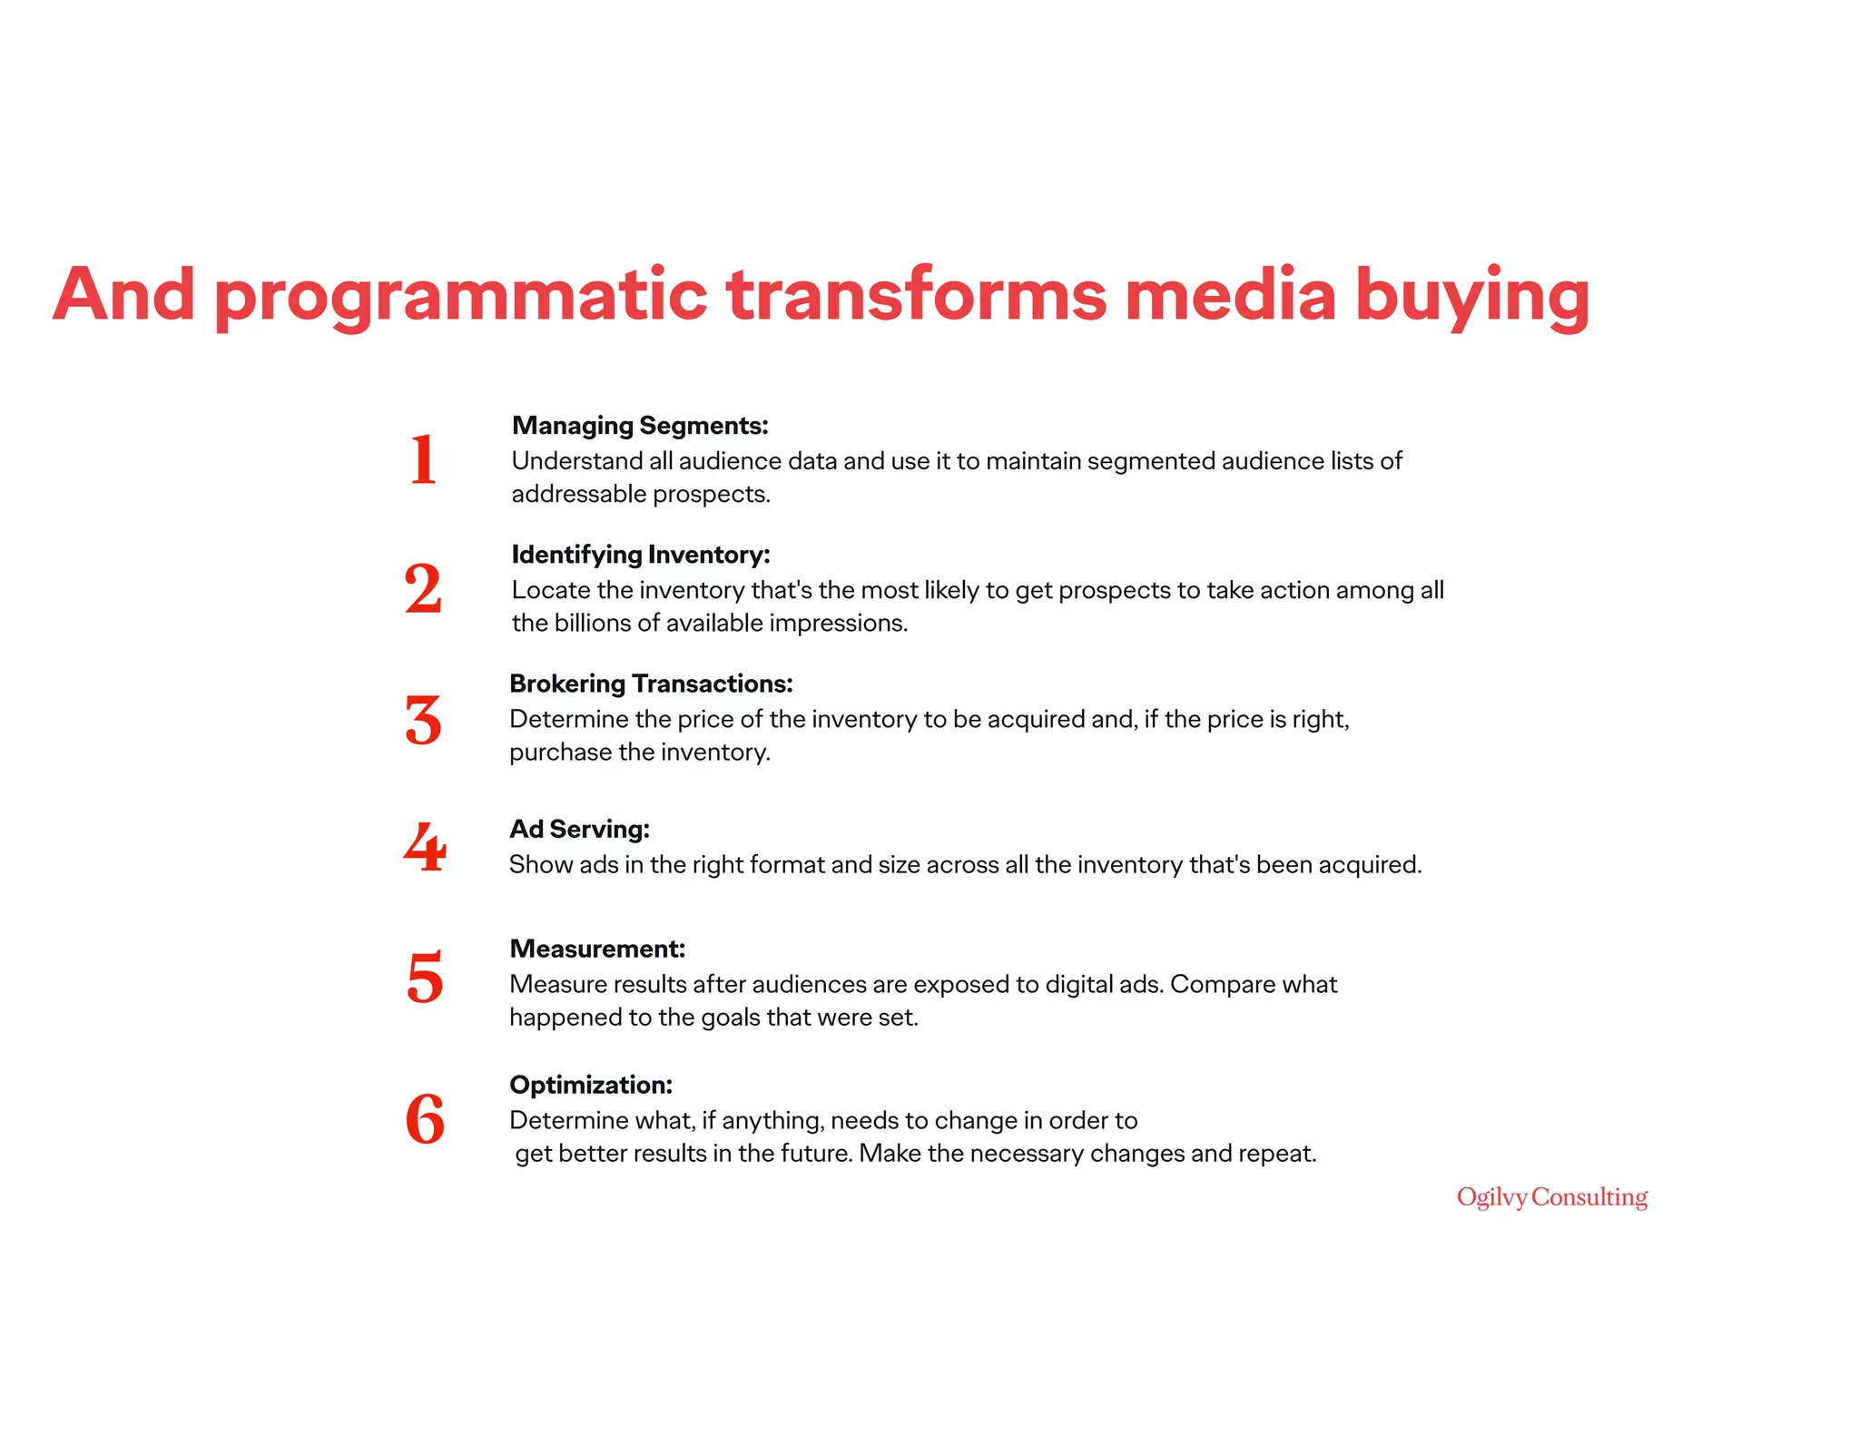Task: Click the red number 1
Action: [x=423, y=459]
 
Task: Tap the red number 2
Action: [x=423, y=589]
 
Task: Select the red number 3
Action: [x=423, y=721]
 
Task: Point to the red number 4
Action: [x=425, y=848]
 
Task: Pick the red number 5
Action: [x=425, y=978]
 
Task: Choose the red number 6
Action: [x=425, y=1118]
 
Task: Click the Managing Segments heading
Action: [x=640, y=426]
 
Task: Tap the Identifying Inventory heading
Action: [x=641, y=555]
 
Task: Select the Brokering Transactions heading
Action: [x=651, y=684]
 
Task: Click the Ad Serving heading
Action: [x=579, y=829]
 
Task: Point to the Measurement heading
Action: [x=597, y=949]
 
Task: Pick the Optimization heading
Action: [x=591, y=1085]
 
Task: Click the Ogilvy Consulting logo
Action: [x=1551, y=1197]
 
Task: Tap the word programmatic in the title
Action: [x=460, y=297]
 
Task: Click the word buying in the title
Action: [x=1471, y=297]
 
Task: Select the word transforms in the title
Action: [x=917, y=295]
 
